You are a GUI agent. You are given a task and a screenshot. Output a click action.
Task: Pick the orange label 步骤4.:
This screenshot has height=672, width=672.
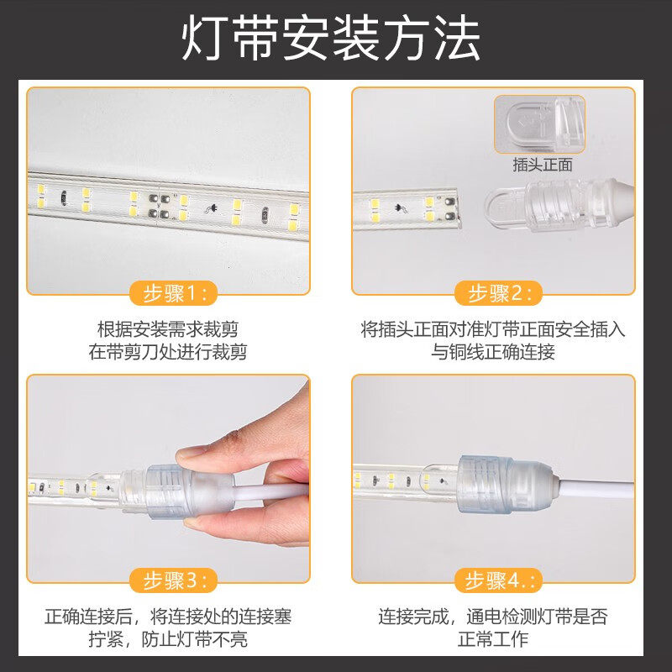[496, 580]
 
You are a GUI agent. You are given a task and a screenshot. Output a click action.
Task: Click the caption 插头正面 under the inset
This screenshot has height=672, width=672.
[543, 165]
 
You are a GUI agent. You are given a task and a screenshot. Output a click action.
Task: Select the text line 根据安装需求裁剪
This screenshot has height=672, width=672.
[168, 329]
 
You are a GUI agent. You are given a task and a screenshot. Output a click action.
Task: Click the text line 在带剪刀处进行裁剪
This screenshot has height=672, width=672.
[168, 352]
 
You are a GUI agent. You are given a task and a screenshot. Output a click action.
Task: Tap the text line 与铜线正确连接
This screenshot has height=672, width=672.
[493, 352]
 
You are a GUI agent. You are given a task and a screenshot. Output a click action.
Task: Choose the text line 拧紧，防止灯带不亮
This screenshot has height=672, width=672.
[168, 638]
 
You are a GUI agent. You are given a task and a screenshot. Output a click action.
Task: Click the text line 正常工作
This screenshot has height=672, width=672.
[493, 638]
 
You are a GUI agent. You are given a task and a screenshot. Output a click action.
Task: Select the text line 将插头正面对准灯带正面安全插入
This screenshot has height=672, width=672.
[493, 329]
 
